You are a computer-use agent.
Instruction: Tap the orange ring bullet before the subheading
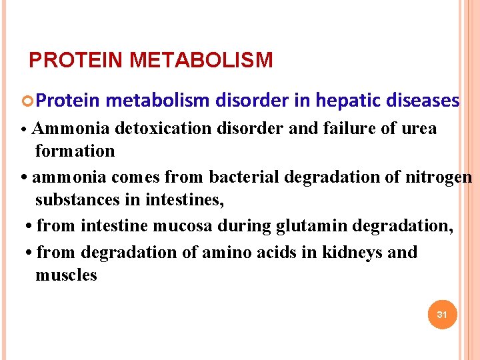(27, 101)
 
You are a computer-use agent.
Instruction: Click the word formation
(75, 151)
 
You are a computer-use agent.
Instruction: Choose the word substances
(75, 200)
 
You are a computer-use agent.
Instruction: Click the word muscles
(66, 275)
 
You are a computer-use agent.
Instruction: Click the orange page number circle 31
(441, 314)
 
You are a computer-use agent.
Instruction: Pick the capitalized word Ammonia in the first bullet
(70, 128)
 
